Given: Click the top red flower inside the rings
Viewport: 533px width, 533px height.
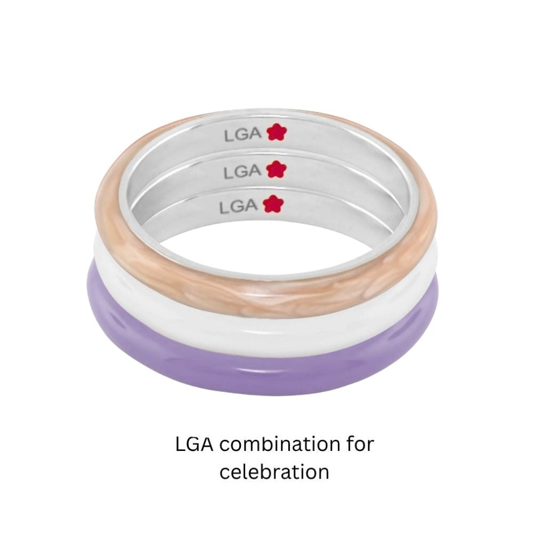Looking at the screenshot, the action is pyautogui.click(x=277, y=132).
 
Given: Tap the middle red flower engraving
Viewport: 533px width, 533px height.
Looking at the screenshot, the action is pyautogui.click(x=276, y=169).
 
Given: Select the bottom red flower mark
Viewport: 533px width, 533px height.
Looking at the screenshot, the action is pyautogui.click(x=273, y=204).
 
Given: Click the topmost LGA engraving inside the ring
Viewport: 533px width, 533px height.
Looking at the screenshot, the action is pyautogui.click(x=243, y=135).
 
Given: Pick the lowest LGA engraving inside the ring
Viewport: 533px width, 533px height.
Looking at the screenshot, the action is pyautogui.click(x=238, y=206).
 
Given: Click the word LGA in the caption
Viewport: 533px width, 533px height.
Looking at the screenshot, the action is pyautogui.click(x=195, y=445).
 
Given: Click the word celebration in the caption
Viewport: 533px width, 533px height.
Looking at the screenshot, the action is pyautogui.click(x=274, y=472).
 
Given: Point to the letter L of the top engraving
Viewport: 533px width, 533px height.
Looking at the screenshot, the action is pyautogui.click(x=228, y=135).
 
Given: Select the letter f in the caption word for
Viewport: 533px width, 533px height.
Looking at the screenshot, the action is pyautogui.click(x=351, y=443).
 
